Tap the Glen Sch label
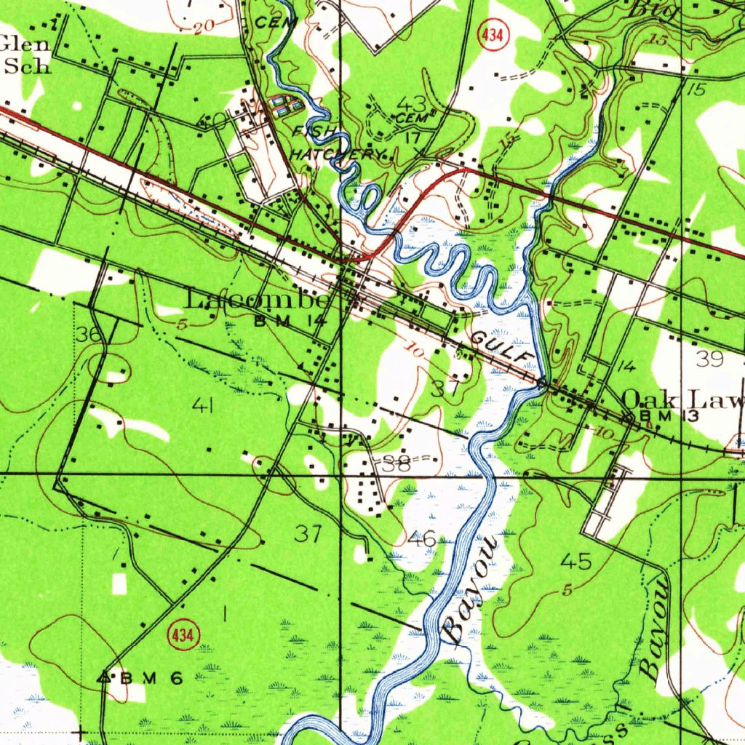(26, 55)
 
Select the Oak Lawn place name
(684, 399)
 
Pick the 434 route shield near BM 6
(182, 636)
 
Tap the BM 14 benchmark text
(287, 319)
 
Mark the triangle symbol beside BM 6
(106, 677)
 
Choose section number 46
(422, 539)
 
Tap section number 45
(576, 561)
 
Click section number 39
(709, 358)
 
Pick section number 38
(397, 464)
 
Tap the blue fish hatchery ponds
(287, 107)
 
